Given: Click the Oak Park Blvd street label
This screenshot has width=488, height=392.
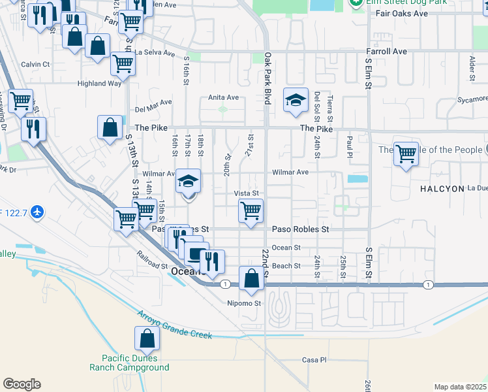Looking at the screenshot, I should pos(267,78).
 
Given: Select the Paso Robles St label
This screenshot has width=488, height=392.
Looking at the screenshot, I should pos(300,229).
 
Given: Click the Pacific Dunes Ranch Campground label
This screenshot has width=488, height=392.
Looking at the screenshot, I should pos(136,363).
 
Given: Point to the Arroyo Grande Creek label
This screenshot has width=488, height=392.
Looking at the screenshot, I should pos(174,325).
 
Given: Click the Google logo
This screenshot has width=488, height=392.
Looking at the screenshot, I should pos(22,384).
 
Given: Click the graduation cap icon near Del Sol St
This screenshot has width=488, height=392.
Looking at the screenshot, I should pos(295,101).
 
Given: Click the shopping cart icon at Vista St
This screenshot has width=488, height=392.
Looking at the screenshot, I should pos(251,210).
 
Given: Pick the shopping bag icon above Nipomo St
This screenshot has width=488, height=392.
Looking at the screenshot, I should pos(251,278).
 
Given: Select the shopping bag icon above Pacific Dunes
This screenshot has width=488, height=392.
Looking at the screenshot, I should pos(147,338).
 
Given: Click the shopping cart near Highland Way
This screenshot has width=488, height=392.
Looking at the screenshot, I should pos(123,64).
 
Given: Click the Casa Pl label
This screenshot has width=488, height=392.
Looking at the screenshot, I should pos(314,360).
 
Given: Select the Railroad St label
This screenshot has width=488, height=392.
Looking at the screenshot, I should pos(152,261).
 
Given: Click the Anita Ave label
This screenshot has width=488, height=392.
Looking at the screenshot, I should pos(224,97).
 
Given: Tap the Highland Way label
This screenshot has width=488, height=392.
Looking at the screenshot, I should pos(100,84).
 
